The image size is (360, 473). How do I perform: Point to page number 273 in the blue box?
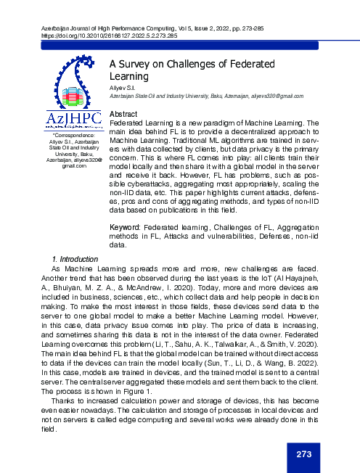tap(303, 455)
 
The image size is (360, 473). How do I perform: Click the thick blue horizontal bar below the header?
tap(179, 46)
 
